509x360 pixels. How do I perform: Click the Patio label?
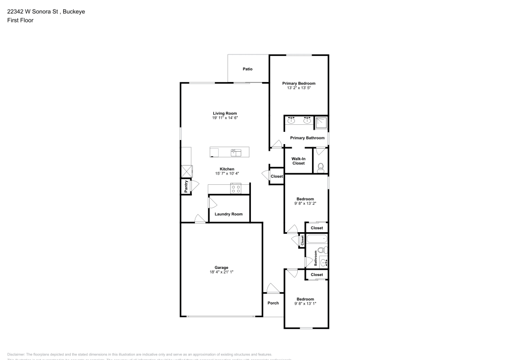coord(247,69)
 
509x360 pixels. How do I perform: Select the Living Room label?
coord(225,113)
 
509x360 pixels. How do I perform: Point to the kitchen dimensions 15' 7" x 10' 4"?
coord(227,174)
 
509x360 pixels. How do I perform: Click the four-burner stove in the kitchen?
coord(236,188)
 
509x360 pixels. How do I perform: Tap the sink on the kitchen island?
coord(236,151)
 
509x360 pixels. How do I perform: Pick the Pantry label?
coord(186,186)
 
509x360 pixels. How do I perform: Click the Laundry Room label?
coord(229,214)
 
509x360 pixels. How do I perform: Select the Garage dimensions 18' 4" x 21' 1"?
coord(221,272)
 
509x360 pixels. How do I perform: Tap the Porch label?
coord(273,303)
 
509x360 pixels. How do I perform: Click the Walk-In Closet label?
coord(298,161)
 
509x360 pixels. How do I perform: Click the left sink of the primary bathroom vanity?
coord(292,121)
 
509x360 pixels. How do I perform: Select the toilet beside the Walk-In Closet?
coord(321,167)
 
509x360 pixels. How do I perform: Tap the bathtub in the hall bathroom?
coord(316,238)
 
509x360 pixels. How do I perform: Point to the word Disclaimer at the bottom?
coord(16,354)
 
